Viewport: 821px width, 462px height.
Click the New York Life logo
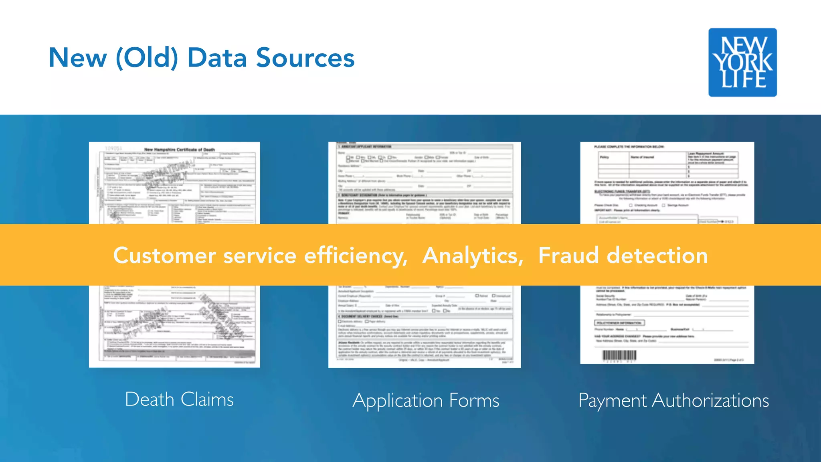[x=742, y=62]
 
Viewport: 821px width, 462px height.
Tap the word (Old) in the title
[x=147, y=58]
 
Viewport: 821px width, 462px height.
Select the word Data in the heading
[x=217, y=58]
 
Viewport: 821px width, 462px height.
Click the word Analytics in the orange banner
[x=473, y=255]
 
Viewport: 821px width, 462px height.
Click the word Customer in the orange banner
[x=164, y=255]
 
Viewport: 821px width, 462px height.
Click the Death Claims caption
[x=179, y=399]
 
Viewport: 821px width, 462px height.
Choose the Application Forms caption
[x=426, y=401]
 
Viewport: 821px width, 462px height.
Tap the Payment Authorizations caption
[x=673, y=401]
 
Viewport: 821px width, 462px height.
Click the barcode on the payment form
[x=619, y=356]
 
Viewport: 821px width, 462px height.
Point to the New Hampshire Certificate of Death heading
[x=179, y=150]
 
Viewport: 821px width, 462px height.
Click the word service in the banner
[x=260, y=255]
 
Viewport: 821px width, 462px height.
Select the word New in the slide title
[x=78, y=58]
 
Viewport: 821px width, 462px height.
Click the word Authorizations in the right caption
[x=710, y=401]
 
